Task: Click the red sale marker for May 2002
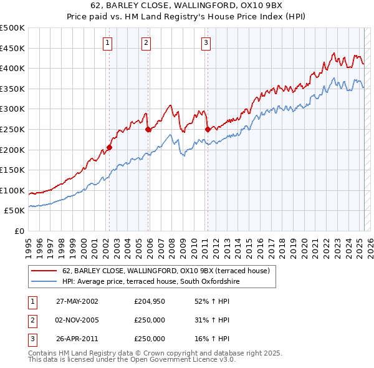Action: click(x=109, y=148)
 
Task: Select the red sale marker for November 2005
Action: click(x=148, y=130)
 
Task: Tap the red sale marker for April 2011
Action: click(x=207, y=130)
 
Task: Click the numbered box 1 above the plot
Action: click(x=108, y=43)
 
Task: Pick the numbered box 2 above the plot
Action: click(x=145, y=43)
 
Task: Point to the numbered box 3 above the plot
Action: click(x=206, y=43)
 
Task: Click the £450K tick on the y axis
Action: click(x=12, y=48)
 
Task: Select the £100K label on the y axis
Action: click(x=12, y=190)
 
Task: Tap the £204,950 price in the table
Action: click(x=150, y=301)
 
